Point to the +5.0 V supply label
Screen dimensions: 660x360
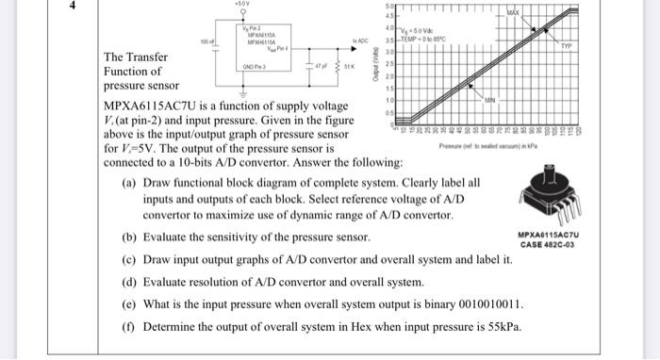click(x=243, y=5)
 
